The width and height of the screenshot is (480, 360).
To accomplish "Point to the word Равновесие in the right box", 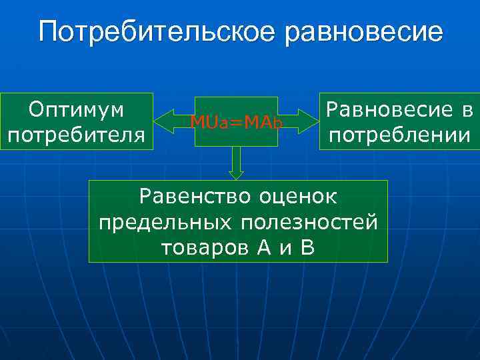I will pos(387,109).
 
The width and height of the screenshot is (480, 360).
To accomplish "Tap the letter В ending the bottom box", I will pos(307,247).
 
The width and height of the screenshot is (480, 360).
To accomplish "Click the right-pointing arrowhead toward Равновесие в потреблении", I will pos(313,121).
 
